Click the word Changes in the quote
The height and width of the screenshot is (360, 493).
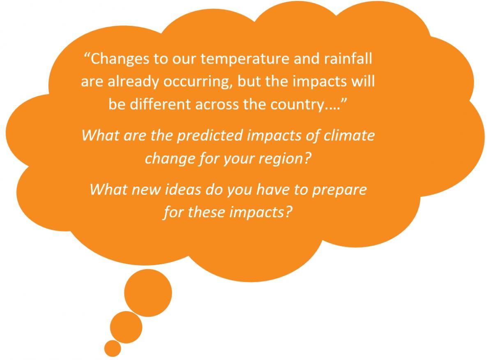coord(120,60)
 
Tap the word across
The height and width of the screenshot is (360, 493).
coord(217,105)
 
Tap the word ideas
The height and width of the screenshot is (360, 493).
coord(183,189)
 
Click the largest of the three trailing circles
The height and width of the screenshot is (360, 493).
coord(148,293)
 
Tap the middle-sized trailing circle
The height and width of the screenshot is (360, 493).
coord(126,327)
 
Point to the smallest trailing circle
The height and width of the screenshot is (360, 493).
coord(113,348)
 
